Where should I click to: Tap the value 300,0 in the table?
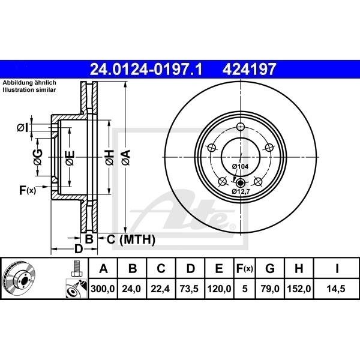pyautogui.click(x=104, y=289)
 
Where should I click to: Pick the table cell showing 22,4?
pyautogui.click(x=161, y=289)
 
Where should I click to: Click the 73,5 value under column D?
pyautogui.click(x=190, y=289)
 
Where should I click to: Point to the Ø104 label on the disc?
pyautogui.click(x=239, y=166)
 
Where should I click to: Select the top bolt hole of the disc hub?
pyautogui.click(x=241, y=127)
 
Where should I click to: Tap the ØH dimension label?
pyautogui.click(x=109, y=158)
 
